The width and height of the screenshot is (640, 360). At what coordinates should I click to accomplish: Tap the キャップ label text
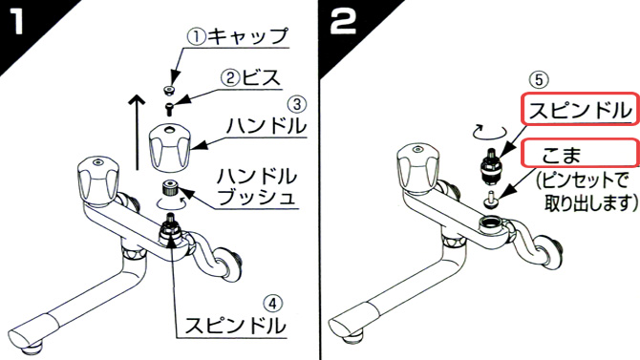point(247,36)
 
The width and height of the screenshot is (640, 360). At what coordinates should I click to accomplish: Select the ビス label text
point(260,77)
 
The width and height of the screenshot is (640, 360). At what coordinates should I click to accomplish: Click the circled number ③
point(297,104)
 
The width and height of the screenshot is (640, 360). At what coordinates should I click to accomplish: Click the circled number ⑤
point(539,79)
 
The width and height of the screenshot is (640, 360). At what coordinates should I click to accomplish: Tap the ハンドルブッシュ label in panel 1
point(256,186)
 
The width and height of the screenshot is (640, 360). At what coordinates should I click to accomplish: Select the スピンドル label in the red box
point(580,110)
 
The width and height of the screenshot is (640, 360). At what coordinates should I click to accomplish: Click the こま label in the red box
point(562,155)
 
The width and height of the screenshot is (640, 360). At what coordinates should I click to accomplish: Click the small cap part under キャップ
point(168,90)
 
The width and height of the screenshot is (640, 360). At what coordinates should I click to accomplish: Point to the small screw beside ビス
point(169,109)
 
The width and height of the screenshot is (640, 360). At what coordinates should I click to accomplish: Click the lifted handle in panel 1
point(170,149)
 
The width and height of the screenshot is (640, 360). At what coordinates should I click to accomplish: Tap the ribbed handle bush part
point(170,188)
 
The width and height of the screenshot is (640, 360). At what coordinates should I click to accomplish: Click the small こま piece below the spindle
point(490,201)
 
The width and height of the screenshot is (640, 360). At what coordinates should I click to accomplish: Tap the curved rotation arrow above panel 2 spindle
point(489,132)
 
